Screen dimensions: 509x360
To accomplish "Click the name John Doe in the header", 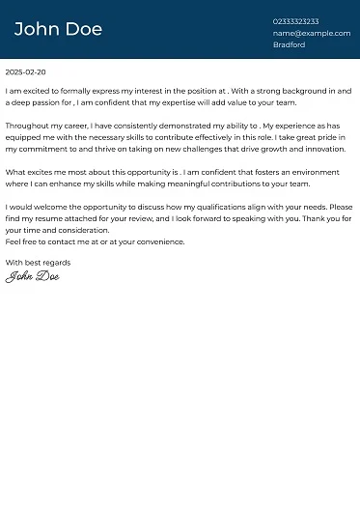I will [58, 29].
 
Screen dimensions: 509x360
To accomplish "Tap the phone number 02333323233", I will [295, 21].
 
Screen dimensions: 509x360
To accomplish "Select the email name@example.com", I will [311, 33].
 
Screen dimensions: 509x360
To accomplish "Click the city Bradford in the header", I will [289, 44].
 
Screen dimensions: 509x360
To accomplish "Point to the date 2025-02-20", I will [25, 72].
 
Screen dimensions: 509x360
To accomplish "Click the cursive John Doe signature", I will [32, 277].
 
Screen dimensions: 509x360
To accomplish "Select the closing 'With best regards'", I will [38, 263].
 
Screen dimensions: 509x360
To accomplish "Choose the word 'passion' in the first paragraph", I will [49, 102].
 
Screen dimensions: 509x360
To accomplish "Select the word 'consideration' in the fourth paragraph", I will [80, 231].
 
